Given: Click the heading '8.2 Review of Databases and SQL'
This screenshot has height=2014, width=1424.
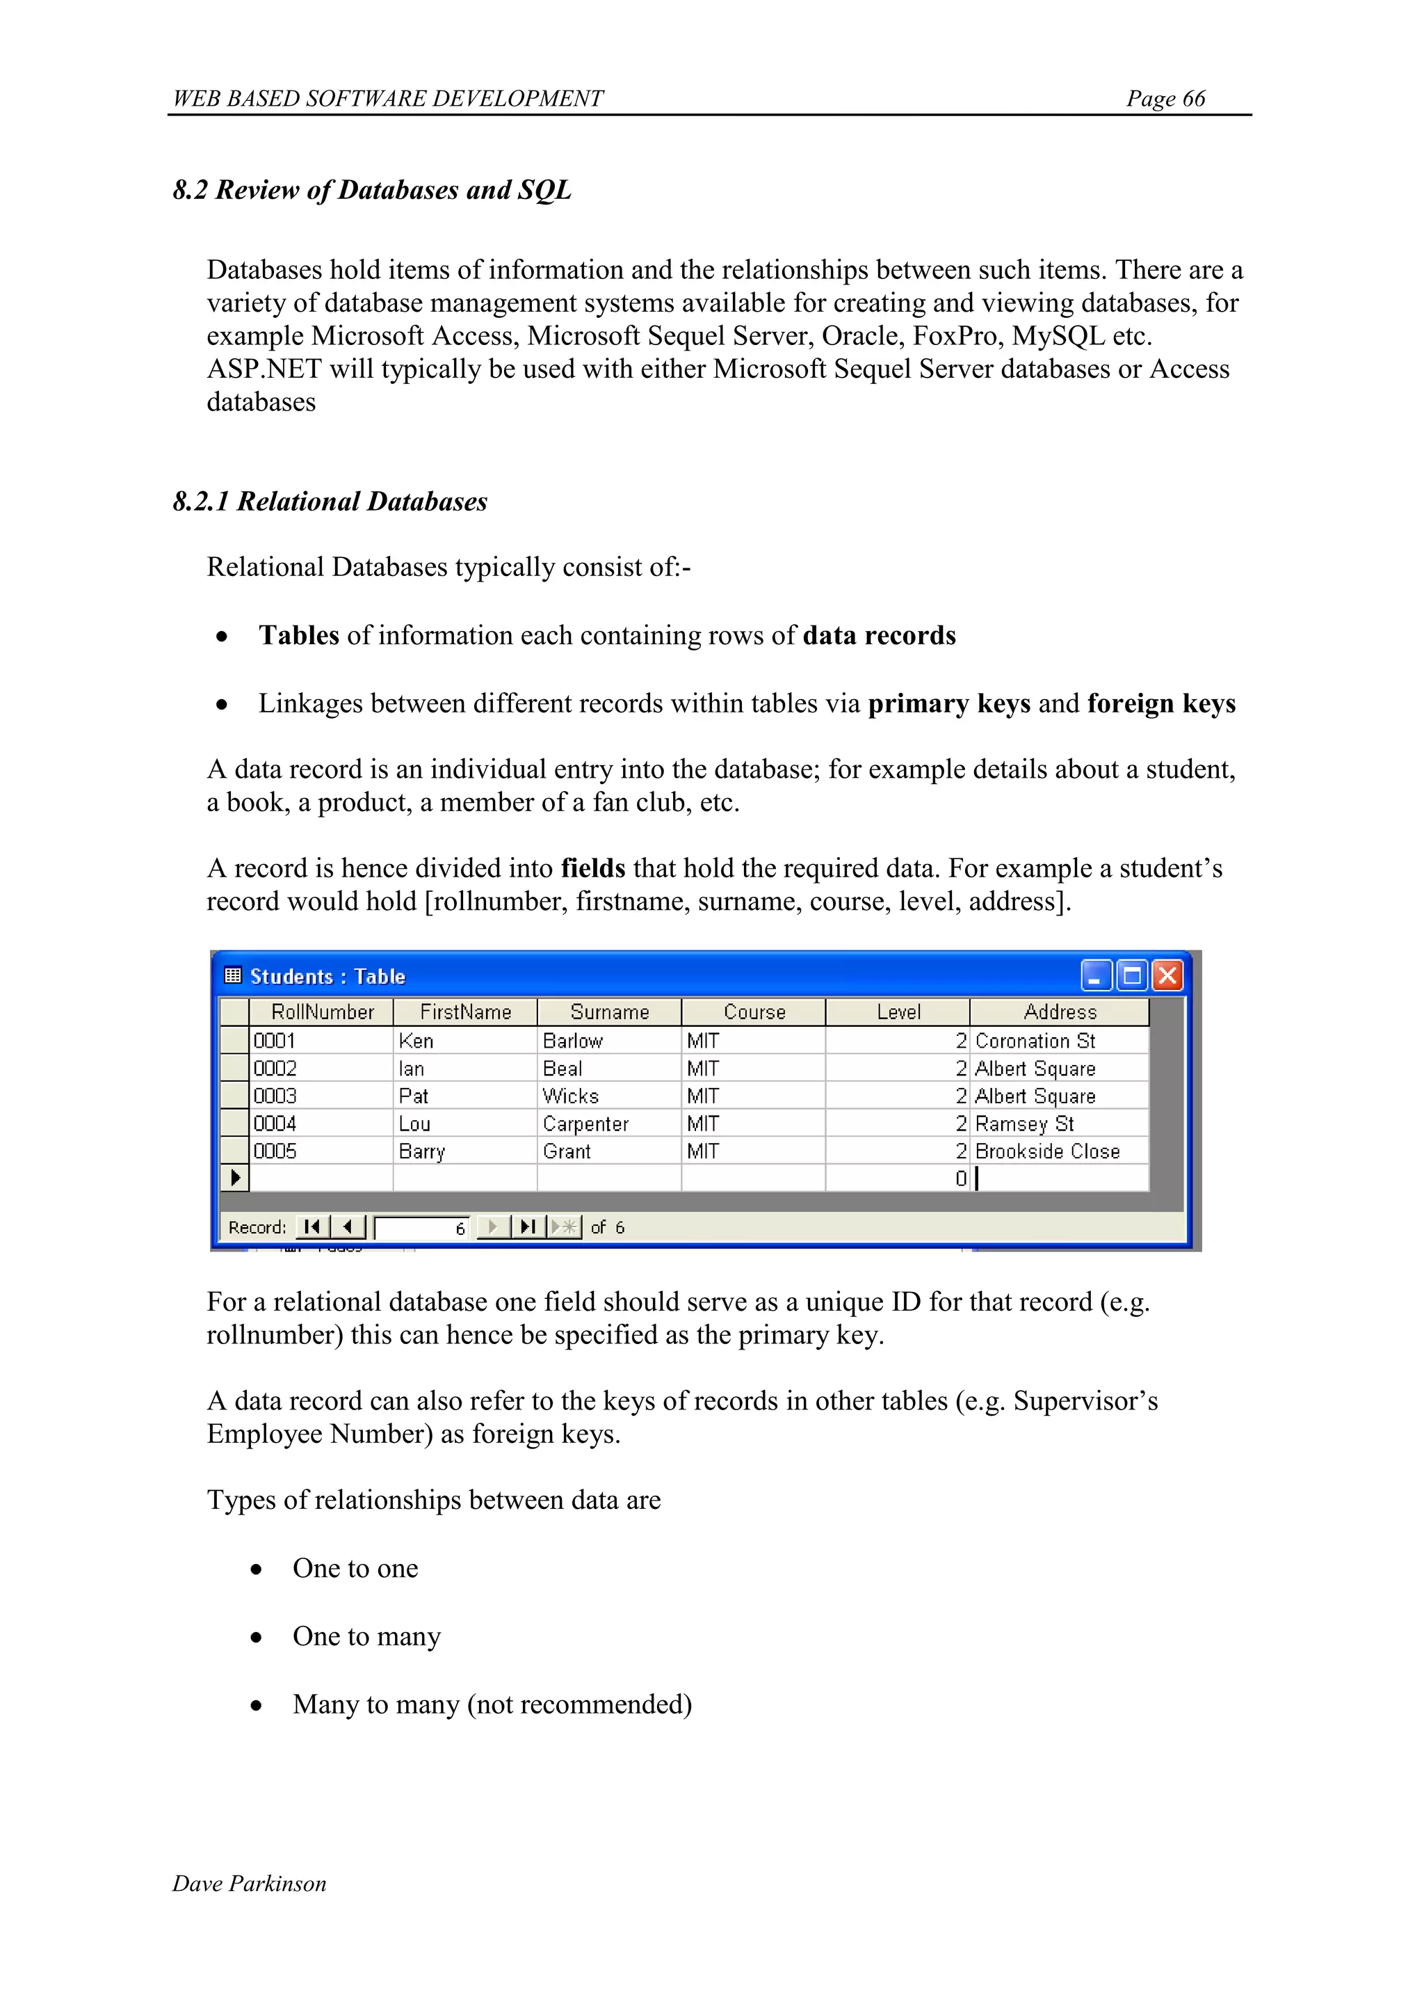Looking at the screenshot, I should [x=372, y=191].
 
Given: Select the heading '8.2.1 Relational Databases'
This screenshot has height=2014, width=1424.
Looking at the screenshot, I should [x=330, y=502].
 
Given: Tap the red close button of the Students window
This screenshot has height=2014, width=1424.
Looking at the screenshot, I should [x=1167, y=975].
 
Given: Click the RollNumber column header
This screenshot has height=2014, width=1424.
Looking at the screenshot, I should [x=322, y=1012].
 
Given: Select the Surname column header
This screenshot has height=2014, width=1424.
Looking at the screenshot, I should [x=609, y=1012].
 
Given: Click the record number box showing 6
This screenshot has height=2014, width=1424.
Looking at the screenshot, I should [x=422, y=1227].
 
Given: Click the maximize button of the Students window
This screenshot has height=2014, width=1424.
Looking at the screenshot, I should [x=1132, y=975].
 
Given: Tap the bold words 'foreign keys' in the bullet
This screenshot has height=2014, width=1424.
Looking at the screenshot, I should [x=1161, y=703].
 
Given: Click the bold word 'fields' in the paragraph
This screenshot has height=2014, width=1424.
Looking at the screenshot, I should [x=592, y=868].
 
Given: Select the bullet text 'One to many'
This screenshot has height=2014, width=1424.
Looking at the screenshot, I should [x=366, y=1636].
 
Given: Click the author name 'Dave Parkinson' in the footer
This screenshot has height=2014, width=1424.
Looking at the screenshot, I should [x=249, y=1883].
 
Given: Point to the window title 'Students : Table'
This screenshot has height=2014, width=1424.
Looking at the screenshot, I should [x=327, y=976].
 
